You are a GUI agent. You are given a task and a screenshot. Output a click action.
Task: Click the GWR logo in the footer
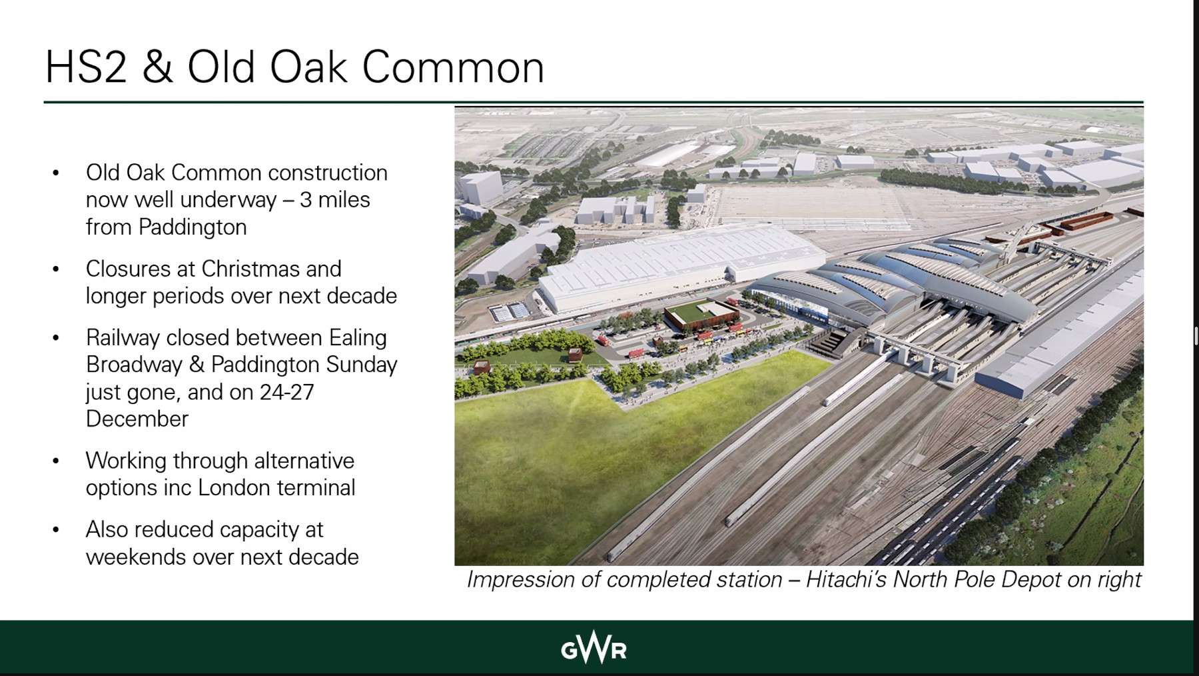point(594,647)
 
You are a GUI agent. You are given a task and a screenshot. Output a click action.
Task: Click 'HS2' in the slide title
point(86,67)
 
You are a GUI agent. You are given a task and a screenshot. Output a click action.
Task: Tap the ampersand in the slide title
point(157,67)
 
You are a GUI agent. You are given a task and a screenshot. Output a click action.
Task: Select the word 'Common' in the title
point(453,67)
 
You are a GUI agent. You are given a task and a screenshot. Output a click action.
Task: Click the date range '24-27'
point(286,392)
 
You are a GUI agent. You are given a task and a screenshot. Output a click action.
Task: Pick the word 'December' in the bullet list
point(137,419)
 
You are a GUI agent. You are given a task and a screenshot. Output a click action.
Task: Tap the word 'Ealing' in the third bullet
point(358,338)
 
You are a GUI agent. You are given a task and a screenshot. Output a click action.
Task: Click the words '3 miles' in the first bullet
point(334,200)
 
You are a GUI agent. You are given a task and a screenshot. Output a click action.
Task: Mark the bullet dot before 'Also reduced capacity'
point(56,530)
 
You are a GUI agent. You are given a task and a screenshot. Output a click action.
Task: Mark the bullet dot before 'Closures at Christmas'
point(56,269)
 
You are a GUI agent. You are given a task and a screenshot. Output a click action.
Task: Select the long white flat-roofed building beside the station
point(679,267)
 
